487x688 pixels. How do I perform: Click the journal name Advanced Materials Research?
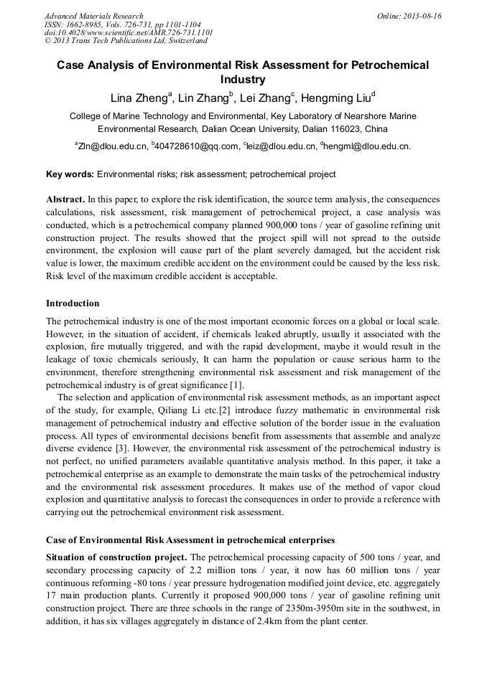(x=93, y=16)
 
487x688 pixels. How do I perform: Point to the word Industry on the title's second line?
(x=243, y=80)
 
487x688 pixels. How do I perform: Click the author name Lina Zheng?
(x=139, y=98)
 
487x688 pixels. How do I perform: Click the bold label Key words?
(x=70, y=174)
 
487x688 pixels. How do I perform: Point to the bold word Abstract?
(x=65, y=199)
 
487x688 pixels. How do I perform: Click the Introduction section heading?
(x=73, y=303)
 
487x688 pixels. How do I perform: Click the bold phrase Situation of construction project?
(x=116, y=557)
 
